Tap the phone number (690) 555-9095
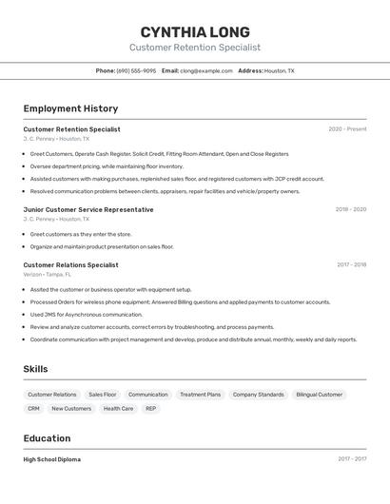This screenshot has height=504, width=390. coord(136,70)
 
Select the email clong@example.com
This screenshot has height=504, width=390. coord(206,70)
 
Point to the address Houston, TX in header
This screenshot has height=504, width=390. coord(279,70)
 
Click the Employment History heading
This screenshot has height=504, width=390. coord(70,108)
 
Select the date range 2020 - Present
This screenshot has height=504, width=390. coord(347,129)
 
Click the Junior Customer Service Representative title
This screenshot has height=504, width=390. coord(88,209)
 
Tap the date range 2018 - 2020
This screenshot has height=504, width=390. coord(351,209)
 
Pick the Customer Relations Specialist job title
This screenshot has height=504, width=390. coord(70,264)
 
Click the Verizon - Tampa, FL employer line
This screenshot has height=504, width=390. coord(48,274)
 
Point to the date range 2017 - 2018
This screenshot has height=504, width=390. coord(351,264)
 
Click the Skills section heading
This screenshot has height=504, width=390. coord(36,369)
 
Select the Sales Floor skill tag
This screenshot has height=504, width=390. coord(103,394)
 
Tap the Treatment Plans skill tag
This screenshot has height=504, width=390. coord(200,394)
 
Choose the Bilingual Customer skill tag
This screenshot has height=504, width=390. coord(319,394)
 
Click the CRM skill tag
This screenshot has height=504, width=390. coord(33,409)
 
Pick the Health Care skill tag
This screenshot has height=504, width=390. coord(118,409)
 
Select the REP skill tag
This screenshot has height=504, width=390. coord(150,409)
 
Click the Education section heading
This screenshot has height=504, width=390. coord(47,438)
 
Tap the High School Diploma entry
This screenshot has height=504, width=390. coord(51,459)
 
